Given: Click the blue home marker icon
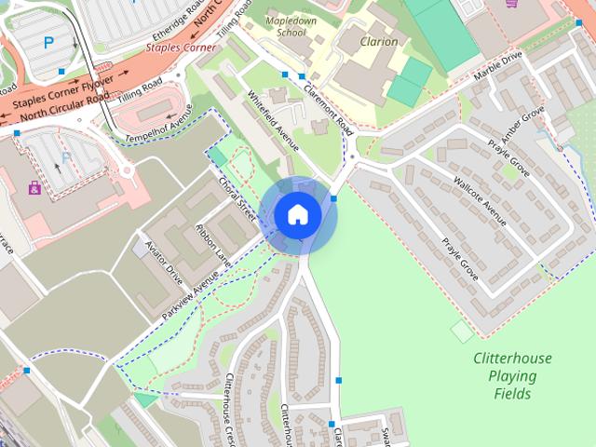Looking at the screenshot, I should pyautogui.click(x=297, y=215).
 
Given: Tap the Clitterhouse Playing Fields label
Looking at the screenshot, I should pyautogui.click(x=511, y=375).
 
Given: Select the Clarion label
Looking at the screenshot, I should pyautogui.click(x=378, y=42).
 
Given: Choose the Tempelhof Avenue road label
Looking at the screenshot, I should pyautogui.click(x=159, y=123).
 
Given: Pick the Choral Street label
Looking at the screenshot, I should pyautogui.click(x=237, y=196).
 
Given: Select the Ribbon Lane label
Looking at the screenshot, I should pyautogui.click(x=211, y=241).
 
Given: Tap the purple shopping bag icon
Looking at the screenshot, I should pyautogui.click(x=34, y=188).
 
